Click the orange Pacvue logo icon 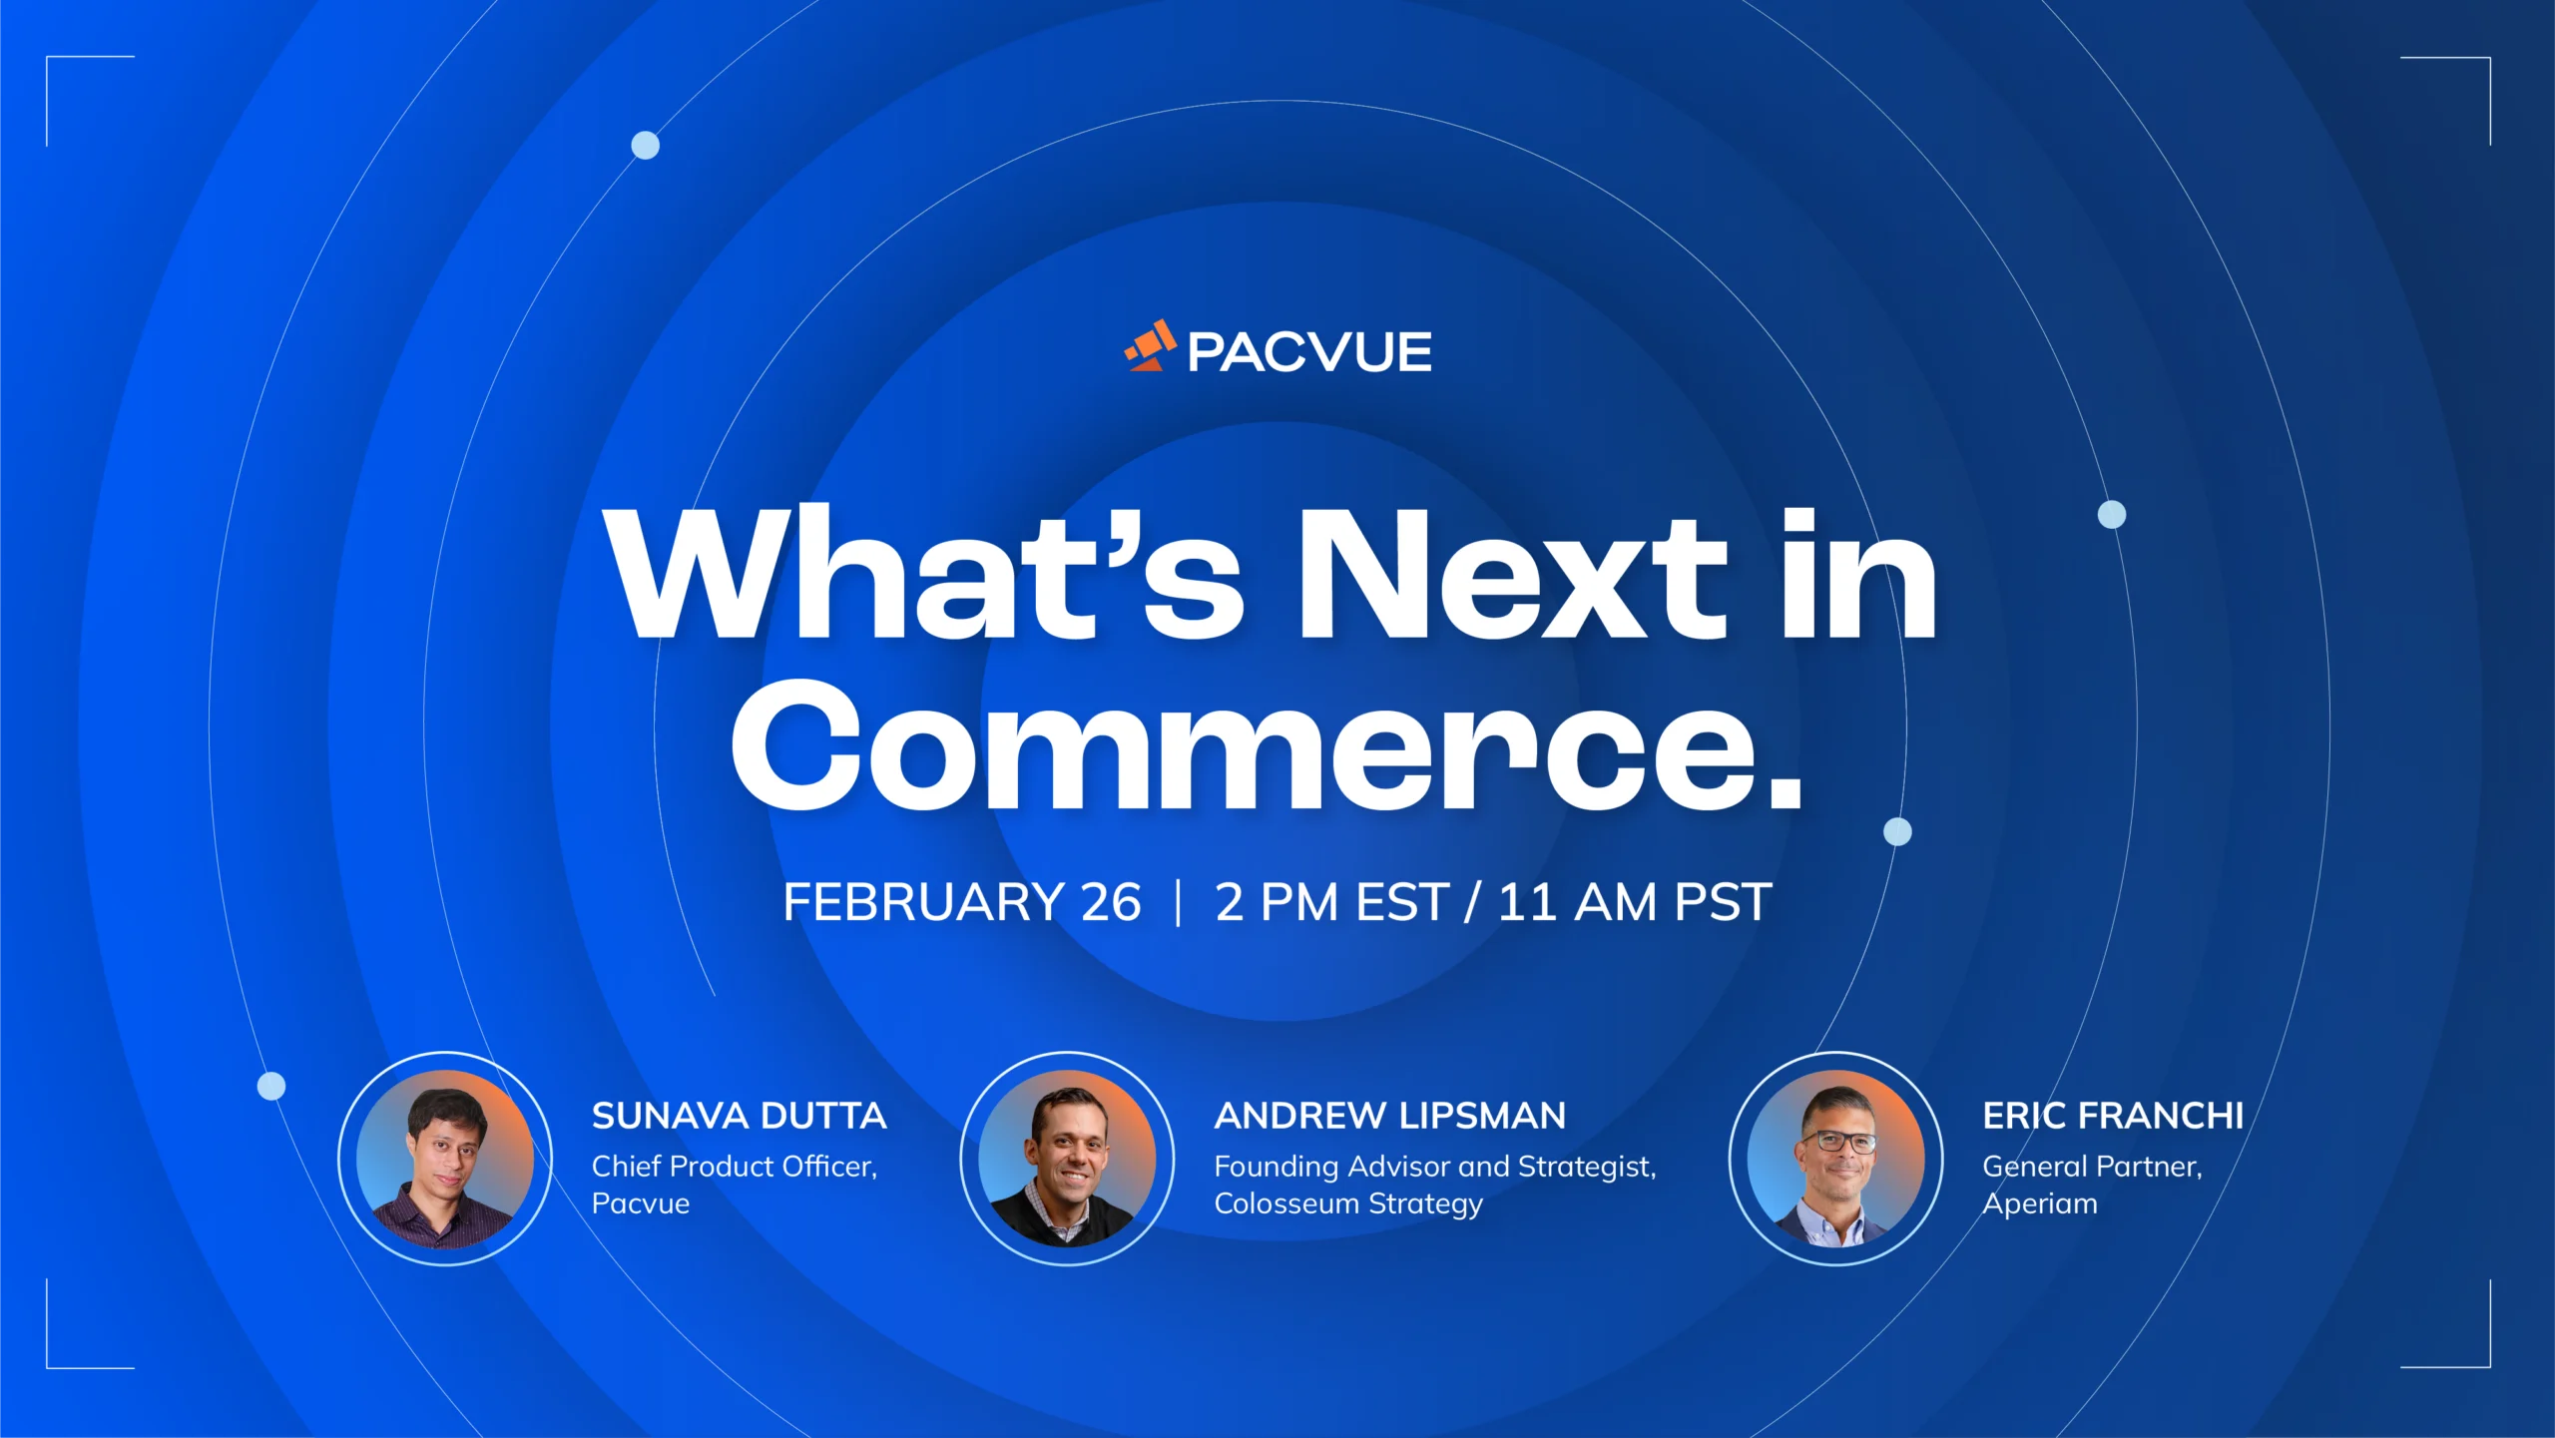(x=1151, y=345)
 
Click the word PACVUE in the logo (x=1309, y=352)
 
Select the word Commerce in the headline (x=1243, y=745)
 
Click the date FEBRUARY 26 (x=961, y=902)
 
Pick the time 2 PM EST (x=1331, y=902)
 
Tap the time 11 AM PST (x=1635, y=902)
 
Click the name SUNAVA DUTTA (x=739, y=1116)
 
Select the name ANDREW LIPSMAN (x=1389, y=1116)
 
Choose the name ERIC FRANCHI (x=2112, y=1116)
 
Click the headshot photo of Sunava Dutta (x=445, y=1159)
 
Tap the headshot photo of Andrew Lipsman (x=1067, y=1159)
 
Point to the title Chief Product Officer (x=734, y=1166)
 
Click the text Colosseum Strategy (x=1347, y=1203)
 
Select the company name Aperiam (x=2039, y=1203)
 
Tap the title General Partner (x=2091, y=1166)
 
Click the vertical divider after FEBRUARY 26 (x=1179, y=902)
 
